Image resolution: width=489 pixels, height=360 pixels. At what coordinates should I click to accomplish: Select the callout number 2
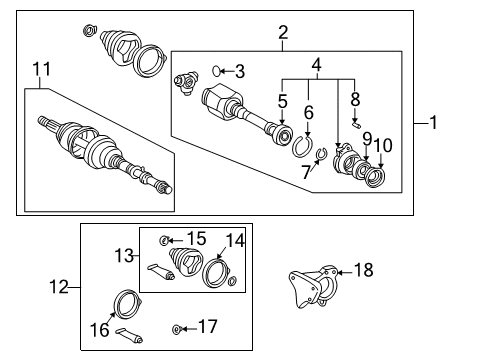(x=283, y=33)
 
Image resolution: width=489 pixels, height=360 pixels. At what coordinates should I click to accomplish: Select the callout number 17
(x=208, y=327)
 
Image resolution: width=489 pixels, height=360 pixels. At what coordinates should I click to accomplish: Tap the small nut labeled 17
(x=177, y=328)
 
